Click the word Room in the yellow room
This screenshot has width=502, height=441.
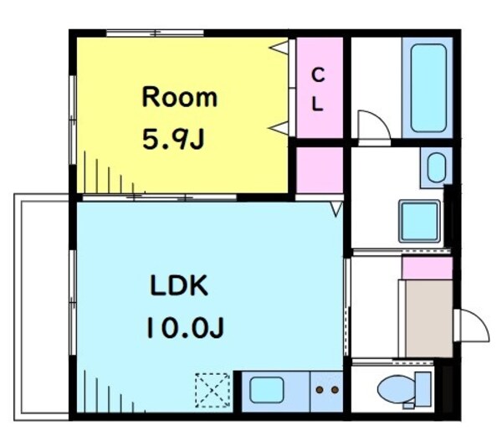point(179,97)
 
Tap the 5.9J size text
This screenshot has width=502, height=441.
point(173,138)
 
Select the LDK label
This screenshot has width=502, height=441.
point(178,285)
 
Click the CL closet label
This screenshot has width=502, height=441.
point(318,90)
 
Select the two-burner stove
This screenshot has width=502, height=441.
point(326,390)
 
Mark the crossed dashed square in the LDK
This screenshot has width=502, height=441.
point(213,390)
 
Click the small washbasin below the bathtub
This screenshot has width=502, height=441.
point(436,168)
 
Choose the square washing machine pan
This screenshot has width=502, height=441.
point(418,221)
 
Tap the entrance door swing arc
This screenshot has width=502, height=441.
point(471,324)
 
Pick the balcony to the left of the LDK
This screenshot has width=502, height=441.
point(42,305)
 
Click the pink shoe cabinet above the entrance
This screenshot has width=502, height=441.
point(428,268)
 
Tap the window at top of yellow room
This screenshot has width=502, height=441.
point(155,33)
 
